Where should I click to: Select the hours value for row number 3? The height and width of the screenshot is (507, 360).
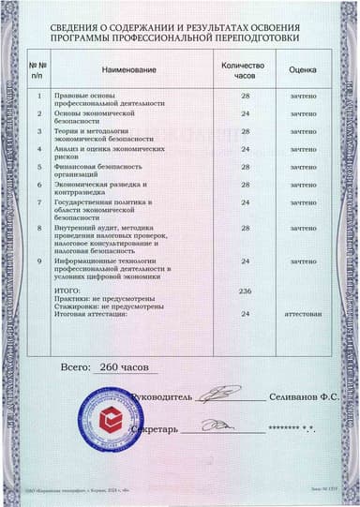246,131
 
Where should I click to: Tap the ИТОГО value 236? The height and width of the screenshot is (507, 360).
246,292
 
